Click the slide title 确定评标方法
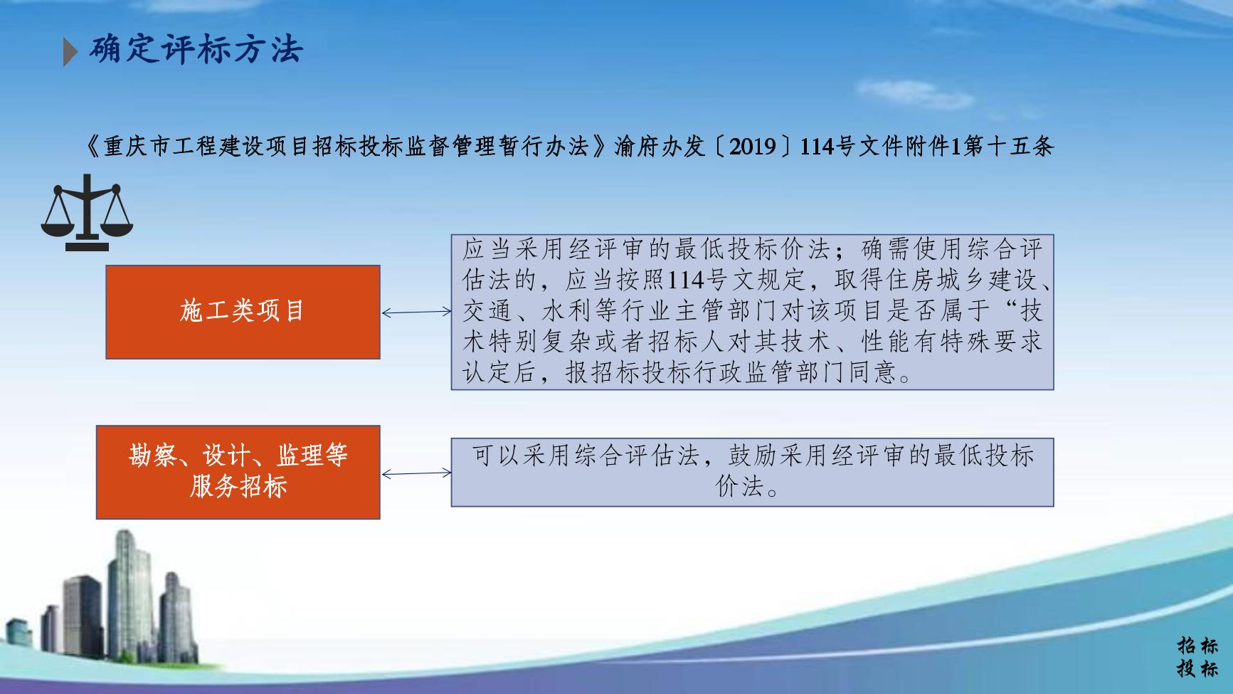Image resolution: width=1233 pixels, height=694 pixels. tap(196, 49)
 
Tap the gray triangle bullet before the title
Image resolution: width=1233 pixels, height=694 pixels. tap(70, 51)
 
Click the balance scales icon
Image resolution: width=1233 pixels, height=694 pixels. tap(87, 212)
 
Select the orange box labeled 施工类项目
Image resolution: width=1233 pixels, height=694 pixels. tap(243, 312)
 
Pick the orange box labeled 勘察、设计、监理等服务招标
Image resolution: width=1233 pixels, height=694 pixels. tap(238, 472)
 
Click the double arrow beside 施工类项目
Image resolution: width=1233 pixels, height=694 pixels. tap(416, 312)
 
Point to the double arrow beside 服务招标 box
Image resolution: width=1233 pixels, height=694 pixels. tap(416, 473)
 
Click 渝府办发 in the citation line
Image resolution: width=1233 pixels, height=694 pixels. tap(659, 147)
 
